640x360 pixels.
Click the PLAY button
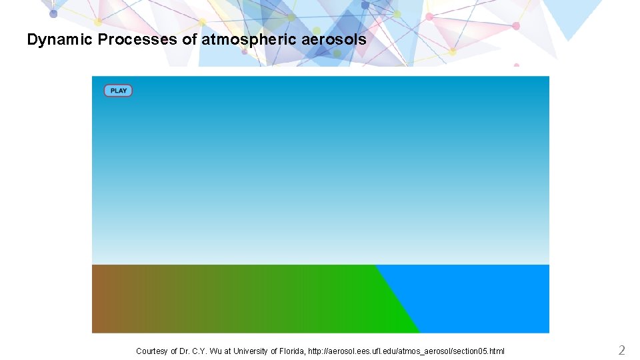[x=118, y=91]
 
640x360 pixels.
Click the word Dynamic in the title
[x=60, y=40]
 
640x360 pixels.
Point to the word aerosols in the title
[x=334, y=40]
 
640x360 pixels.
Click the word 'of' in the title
[x=189, y=40]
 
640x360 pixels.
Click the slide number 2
[x=621, y=350]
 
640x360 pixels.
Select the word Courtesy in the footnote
[x=152, y=351]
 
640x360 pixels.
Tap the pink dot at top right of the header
[x=515, y=26]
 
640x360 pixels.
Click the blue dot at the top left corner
[x=53, y=13]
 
